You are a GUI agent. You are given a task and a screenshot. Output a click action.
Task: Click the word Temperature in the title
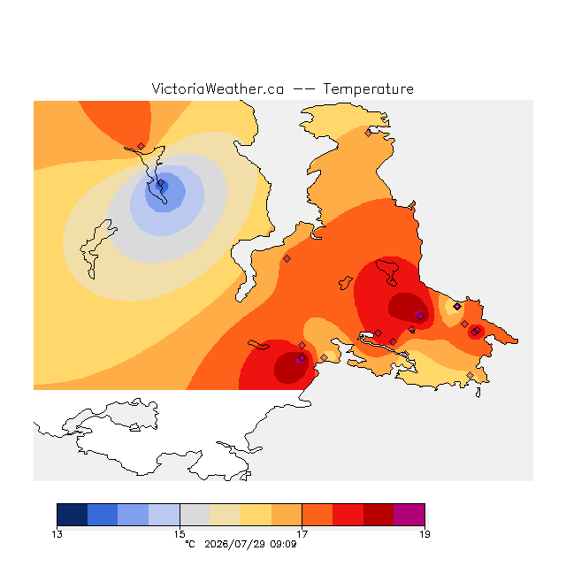(368, 88)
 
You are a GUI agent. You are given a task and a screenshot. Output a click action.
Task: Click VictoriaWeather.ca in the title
(218, 88)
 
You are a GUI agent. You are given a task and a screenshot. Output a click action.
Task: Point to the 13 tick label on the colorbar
(57, 534)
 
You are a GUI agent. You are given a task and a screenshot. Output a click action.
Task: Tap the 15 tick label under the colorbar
(180, 534)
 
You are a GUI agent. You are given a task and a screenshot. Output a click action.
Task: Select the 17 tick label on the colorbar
(302, 534)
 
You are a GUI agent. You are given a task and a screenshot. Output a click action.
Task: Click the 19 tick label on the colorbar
(424, 534)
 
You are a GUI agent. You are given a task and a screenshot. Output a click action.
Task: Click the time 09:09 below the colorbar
(283, 544)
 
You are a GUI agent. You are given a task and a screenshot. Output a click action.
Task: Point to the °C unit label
(190, 544)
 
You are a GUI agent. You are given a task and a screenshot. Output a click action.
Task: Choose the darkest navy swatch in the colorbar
(73, 515)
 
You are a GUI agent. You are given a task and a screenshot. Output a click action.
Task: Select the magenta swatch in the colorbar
(409, 515)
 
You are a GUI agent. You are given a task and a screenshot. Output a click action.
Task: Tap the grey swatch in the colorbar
(195, 515)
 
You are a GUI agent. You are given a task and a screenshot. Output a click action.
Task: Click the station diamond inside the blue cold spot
(161, 183)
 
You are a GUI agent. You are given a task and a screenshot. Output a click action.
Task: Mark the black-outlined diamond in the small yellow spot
(457, 307)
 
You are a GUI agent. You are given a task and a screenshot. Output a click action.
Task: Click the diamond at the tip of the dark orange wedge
(141, 146)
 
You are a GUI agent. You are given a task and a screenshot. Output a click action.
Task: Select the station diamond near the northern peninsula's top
(368, 134)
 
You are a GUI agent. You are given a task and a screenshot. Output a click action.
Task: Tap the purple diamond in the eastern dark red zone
(420, 317)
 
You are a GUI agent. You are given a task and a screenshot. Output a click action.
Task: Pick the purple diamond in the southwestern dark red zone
(302, 358)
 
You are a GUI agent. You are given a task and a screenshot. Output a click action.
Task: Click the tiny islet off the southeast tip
(478, 393)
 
